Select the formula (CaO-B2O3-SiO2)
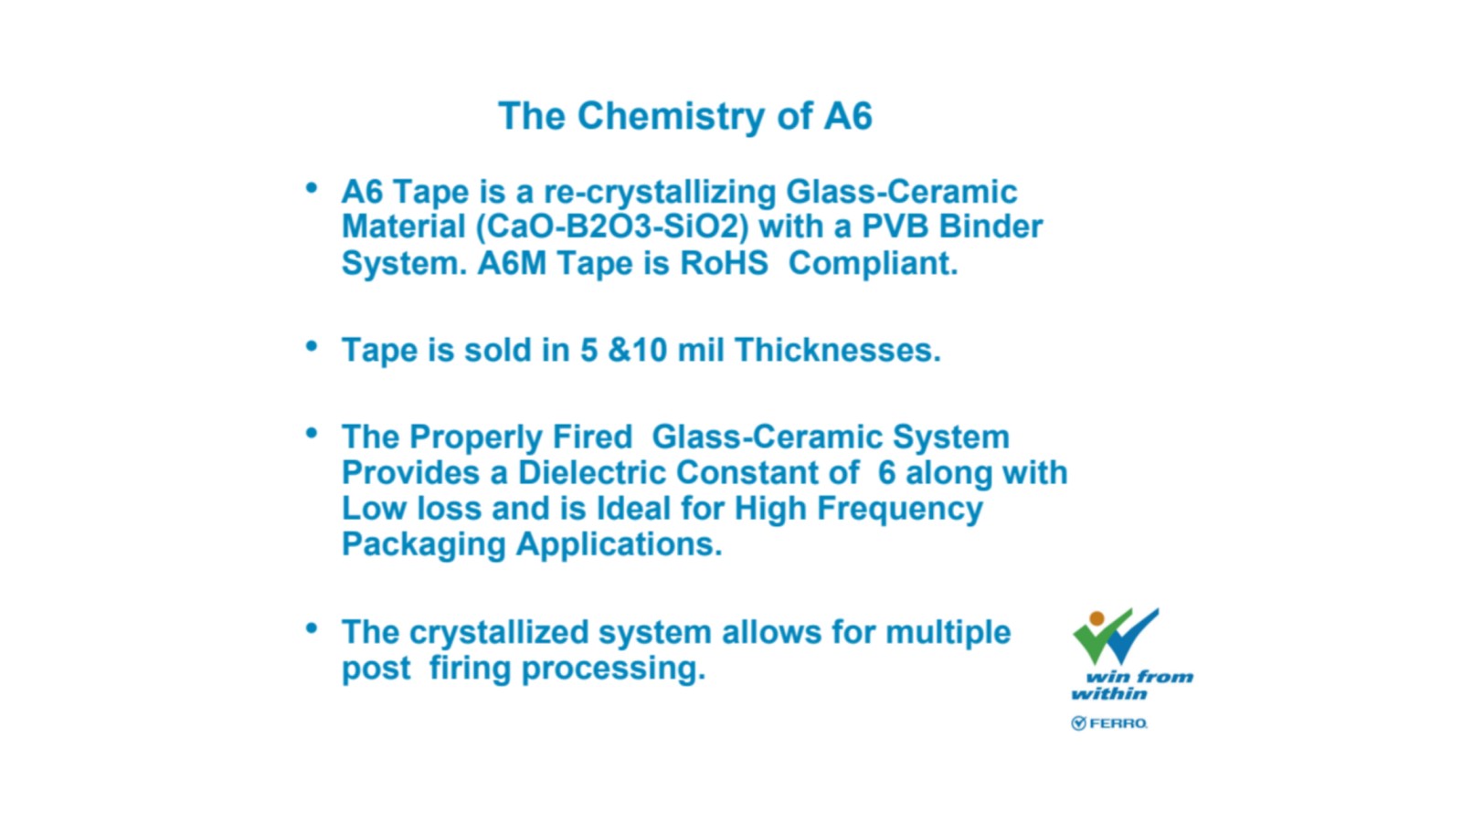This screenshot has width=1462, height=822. tap(612, 227)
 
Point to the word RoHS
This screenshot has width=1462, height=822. tap(724, 264)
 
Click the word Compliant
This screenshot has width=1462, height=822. tap(873, 265)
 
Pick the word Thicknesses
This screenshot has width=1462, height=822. tap(837, 350)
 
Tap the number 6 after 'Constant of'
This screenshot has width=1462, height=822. tap(886, 472)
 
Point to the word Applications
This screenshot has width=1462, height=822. tap(619, 545)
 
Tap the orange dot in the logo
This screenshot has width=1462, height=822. tap(1097, 617)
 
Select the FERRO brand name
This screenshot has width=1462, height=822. tap(1118, 722)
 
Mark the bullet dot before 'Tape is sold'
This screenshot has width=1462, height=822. tap(312, 345)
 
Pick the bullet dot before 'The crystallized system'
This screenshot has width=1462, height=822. tap(312, 628)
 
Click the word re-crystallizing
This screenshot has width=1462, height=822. tap(660, 193)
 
